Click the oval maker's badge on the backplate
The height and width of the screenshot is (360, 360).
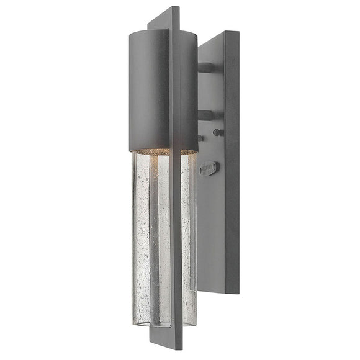[x=210, y=167]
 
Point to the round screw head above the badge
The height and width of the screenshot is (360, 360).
[x=218, y=132]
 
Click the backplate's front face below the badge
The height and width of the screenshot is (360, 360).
[x=211, y=236]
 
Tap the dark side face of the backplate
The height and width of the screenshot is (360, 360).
[x=232, y=186]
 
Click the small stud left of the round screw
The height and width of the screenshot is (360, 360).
[x=200, y=138]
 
